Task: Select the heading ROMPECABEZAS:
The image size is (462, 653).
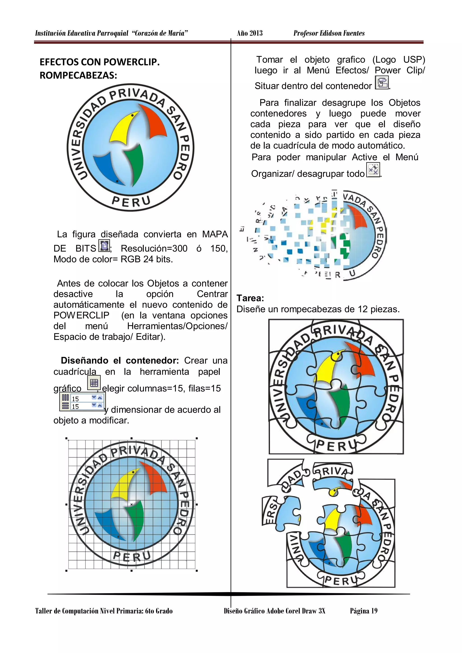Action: (x=78, y=75)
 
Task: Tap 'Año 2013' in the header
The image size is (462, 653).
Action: (x=249, y=33)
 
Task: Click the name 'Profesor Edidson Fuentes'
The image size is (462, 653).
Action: (x=329, y=33)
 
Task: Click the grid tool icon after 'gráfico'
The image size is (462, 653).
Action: (x=94, y=383)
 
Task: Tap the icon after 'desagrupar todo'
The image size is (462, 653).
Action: (x=373, y=170)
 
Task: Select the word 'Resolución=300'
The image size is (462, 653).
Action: (x=154, y=249)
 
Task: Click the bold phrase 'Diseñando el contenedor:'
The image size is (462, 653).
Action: (x=120, y=360)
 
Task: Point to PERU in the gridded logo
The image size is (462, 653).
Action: (x=132, y=556)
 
